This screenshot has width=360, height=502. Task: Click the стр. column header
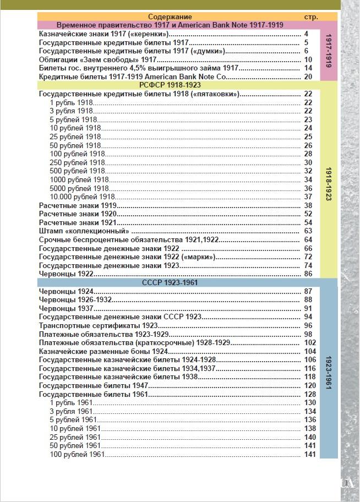click(311, 17)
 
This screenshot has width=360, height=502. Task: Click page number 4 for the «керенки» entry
click(306, 34)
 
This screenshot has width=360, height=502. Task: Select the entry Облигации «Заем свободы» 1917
click(99, 59)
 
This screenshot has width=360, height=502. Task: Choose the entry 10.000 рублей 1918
click(82, 197)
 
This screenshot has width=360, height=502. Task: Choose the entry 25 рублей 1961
click(75, 436)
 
